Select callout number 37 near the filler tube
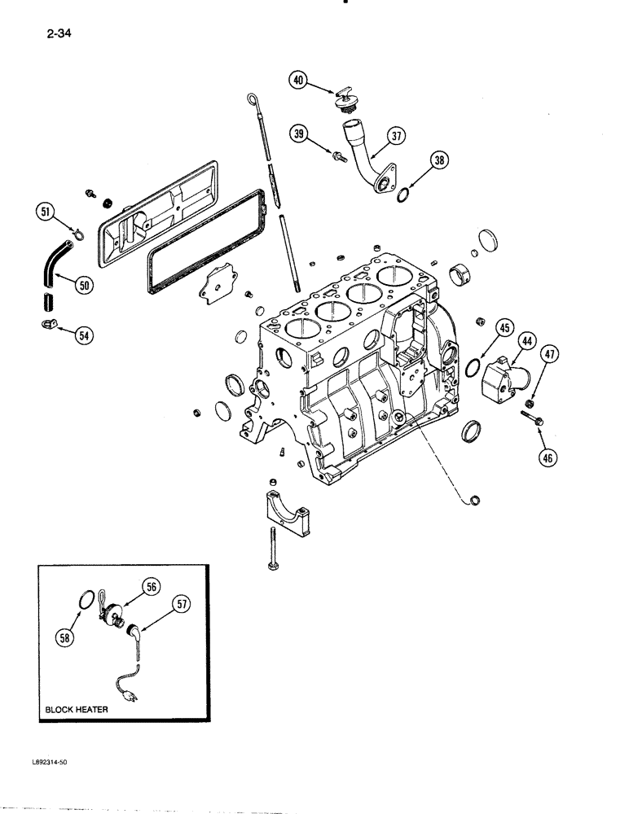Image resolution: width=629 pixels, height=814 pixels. tap(396, 137)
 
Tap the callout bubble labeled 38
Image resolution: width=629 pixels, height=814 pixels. tap(439, 161)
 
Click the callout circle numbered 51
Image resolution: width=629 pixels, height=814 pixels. tap(47, 214)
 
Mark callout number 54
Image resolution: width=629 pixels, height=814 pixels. tap(84, 334)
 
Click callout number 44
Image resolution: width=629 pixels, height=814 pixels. tap(529, 343)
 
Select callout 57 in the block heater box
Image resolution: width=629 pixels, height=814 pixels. tap(183, 604)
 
